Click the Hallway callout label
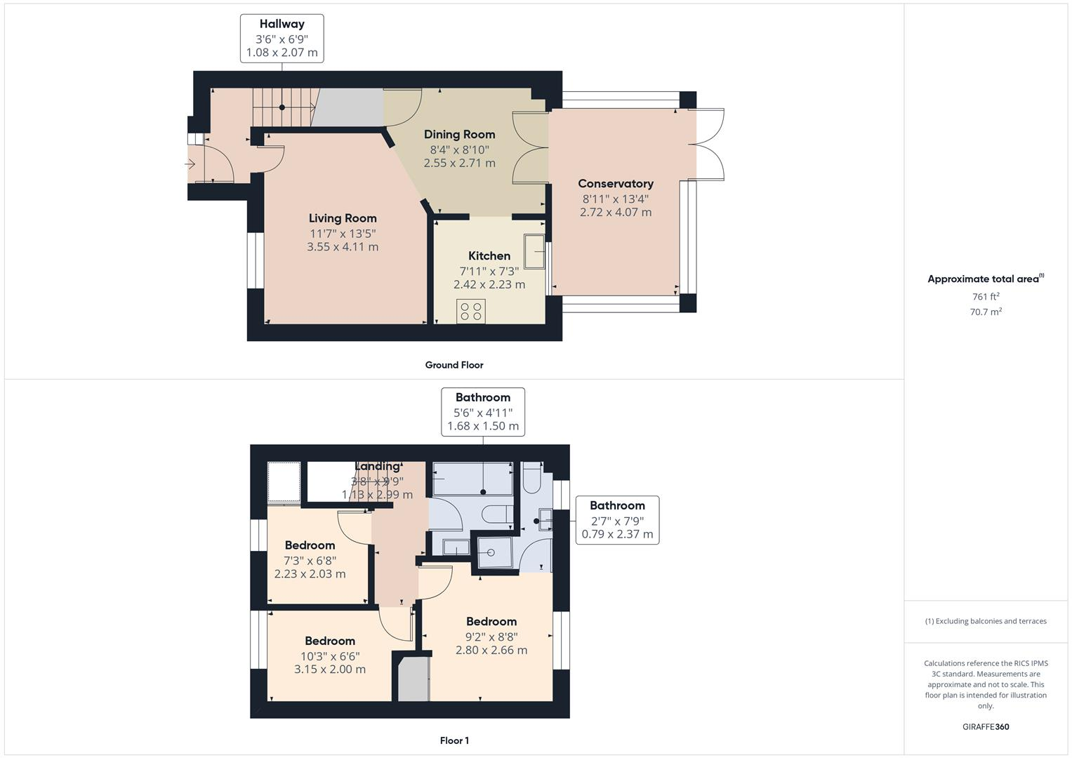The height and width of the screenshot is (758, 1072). [x=282, y=38]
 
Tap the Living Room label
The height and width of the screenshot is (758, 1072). [x=343, y=218]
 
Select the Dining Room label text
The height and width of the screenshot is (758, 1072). [x=459, y=135]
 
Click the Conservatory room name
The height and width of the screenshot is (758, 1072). [x=616, y=184]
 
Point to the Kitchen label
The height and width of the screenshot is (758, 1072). [x=489, y=256]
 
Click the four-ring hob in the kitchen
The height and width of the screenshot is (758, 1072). [x=470, y=311]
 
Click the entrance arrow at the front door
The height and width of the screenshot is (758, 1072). [x=190, y=164]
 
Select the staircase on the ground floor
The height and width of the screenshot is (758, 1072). [x=283, y=107]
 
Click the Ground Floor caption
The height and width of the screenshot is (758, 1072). [x=454, y=365]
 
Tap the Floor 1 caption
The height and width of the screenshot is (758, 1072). [x=454, y=740]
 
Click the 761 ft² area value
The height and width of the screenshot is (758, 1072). [x=986, y=297]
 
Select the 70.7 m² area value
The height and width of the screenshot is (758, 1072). [x=986, y=312]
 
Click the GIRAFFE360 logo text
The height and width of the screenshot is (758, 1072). [x=986, y=727]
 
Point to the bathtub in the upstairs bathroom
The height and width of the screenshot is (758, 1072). [x=472, y=479]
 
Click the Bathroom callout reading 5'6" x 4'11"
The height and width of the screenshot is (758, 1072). [x=483, y=412]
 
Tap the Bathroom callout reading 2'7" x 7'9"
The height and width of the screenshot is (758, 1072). [x=617, y=520]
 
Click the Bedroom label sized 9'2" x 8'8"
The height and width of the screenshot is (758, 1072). [x=491, y=622]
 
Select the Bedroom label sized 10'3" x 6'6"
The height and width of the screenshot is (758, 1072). [x=330, y=641]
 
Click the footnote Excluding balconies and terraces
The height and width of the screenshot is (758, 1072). [x=986, y=621]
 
